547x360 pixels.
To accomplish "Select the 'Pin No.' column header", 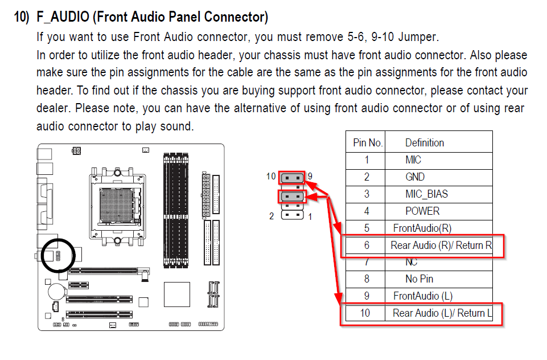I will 368,142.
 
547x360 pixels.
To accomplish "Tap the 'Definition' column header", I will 424,142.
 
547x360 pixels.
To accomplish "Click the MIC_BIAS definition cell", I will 426,194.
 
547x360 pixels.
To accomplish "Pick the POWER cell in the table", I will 422,211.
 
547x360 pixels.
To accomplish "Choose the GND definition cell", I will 415,177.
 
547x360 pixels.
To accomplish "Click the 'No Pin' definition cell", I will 419,279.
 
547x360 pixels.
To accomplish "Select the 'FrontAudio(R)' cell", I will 422,228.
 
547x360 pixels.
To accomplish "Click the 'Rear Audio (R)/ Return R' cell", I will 441,246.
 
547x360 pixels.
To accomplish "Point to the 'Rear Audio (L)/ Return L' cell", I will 442,313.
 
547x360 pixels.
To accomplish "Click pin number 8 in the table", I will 367,279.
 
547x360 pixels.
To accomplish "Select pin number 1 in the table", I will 367,160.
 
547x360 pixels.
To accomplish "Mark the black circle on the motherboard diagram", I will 57,255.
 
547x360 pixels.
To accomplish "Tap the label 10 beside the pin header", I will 271,176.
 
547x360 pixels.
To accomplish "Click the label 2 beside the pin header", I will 272,216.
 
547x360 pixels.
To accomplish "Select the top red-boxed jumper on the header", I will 292,178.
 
